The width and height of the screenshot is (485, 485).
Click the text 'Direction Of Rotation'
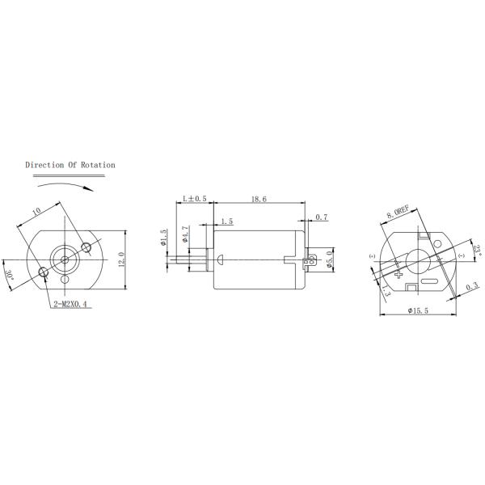pyautogui.click(x=70, y=165)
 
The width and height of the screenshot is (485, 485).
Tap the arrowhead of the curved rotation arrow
pyautogui.click(x=89, y=187)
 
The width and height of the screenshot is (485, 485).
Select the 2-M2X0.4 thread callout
pyautogui.click(x=71, y=304)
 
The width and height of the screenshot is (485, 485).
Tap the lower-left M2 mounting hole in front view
pyautogui.click(x=44, y=276)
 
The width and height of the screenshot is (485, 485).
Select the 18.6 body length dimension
pyautogui.click(x=259, y=198)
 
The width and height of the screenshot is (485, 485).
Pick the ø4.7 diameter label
pyautogui.click(x=185, y=235)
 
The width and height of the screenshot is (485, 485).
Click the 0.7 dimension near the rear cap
pyautogui.click(x=321, y=217)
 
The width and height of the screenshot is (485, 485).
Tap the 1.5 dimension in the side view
pyautogui.click(x=226, y=221)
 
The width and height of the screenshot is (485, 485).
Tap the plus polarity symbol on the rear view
pyautogui.click(x=399, y=275)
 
